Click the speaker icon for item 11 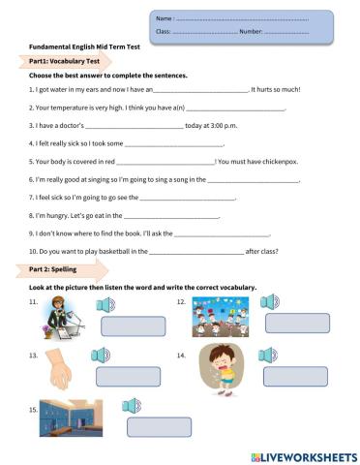click(107, 306)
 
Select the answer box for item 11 click(127, 325)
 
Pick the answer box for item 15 click(154, 427)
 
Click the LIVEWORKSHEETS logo click(304, 454)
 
